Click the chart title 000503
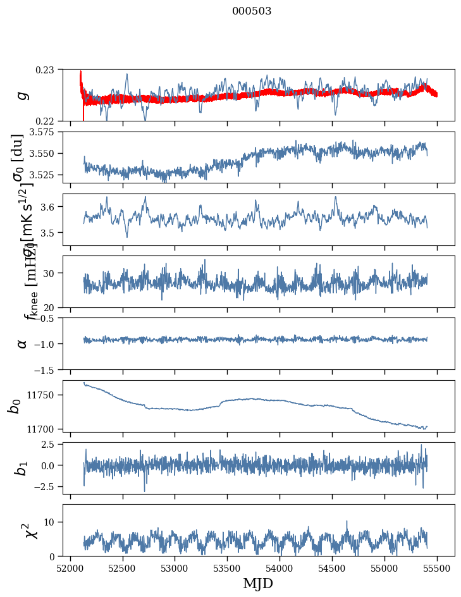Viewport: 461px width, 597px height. pyautogui.click(x=252, y=11)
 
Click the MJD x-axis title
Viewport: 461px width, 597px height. pyautogui.click(x=258, y=583)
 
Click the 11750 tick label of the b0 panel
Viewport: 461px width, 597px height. pyautogui.click(x=43, y=395)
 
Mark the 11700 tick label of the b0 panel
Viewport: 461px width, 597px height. pyautogui.click(x=43, y=429)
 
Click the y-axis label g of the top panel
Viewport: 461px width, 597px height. pyautogui.click(x=23, y=95)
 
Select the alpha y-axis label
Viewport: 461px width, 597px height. pyautogui.click(x=23, y=343)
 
